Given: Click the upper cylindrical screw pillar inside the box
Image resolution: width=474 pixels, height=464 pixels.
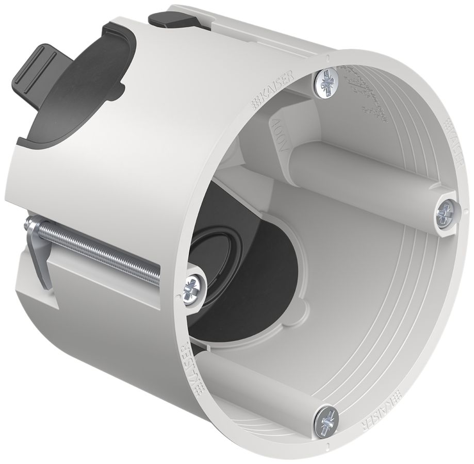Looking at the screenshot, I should point(361,171).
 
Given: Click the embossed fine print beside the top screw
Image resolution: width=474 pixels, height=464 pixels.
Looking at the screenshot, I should point(366,93).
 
